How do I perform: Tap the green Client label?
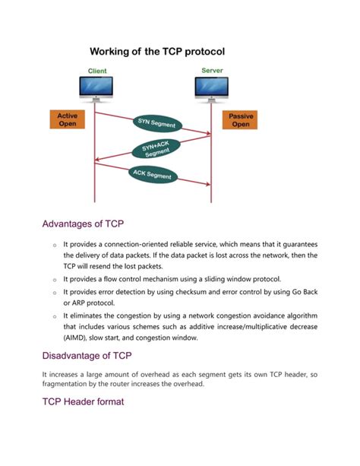(x=97, y=71)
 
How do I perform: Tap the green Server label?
(x=212, y=71)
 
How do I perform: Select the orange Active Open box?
(x=68, y=120)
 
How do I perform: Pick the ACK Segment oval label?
(x=153, y=175)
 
